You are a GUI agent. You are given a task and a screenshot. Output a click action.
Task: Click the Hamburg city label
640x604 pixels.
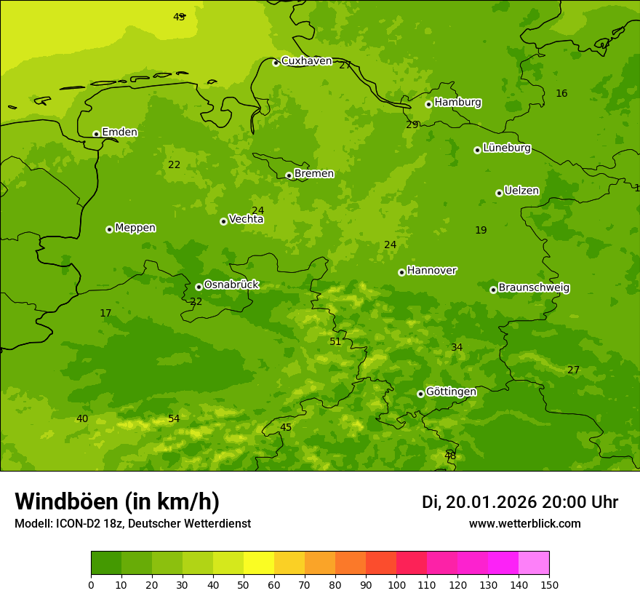pos(457,103)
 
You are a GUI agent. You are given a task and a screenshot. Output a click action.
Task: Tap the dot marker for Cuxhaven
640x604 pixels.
pos(276,63)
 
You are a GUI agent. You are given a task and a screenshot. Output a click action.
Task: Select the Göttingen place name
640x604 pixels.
pos(451,392)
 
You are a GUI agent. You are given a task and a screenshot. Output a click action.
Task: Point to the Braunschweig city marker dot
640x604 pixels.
pos(493,290)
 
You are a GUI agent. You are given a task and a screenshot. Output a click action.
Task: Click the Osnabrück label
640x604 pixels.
pos(231,285)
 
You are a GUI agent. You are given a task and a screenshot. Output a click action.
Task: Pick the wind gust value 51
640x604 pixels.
pos(335,341)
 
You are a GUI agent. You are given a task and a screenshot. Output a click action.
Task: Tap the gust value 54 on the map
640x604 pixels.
pos(174,418)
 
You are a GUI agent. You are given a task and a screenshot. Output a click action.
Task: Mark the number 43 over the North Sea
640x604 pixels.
pos(179,17)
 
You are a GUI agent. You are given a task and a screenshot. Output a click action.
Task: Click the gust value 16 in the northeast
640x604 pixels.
pos(561,93)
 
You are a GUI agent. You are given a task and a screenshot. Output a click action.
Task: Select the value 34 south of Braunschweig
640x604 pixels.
pos(457,347)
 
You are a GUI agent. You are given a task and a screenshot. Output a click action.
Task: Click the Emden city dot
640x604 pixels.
pos(96,134)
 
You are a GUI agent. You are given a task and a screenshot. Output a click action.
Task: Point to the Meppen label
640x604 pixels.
pos(135,228)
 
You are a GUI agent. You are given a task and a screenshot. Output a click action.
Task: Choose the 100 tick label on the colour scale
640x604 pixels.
pos(396,584)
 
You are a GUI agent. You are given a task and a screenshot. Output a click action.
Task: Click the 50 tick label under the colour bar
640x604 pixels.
pos(244,584)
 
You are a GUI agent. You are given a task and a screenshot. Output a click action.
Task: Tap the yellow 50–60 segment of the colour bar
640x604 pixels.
pos(259,563)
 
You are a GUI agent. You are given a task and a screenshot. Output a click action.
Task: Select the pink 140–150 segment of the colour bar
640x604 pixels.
pos(534,563)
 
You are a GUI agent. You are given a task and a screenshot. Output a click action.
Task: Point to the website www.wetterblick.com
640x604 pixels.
pos(524,523)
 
